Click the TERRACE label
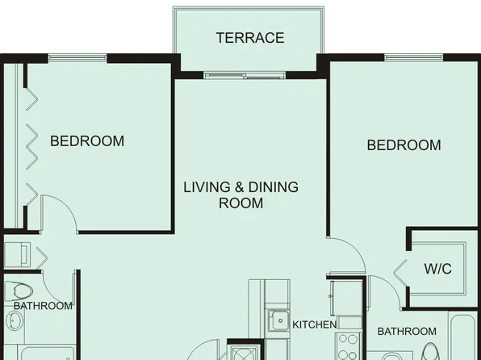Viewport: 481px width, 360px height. pos(249,38)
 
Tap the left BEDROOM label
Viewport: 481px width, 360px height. pos(87,141)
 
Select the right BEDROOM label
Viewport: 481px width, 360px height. pos(404,145)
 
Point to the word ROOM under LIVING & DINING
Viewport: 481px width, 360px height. pos(240,203)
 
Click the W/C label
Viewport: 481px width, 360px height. pos(437,269)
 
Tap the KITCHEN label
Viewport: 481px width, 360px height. pos(314,324)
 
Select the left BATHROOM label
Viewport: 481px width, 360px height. pos(43,306)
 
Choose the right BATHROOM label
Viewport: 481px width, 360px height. pos(407,332)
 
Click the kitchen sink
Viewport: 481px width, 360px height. pos(278,320)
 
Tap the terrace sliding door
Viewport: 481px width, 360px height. pos(244,76)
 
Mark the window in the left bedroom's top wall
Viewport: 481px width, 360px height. pos(77,57)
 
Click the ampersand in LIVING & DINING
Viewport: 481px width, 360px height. pos(239,187)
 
